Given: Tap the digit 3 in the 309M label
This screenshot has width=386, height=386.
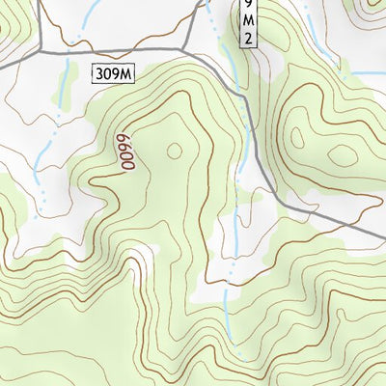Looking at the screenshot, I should click(x=100, y=72).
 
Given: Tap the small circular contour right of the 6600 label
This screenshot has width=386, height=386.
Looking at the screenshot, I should click(x=175, y=150).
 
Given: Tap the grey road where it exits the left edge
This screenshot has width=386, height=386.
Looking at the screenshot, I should click(x=3, y=63).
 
